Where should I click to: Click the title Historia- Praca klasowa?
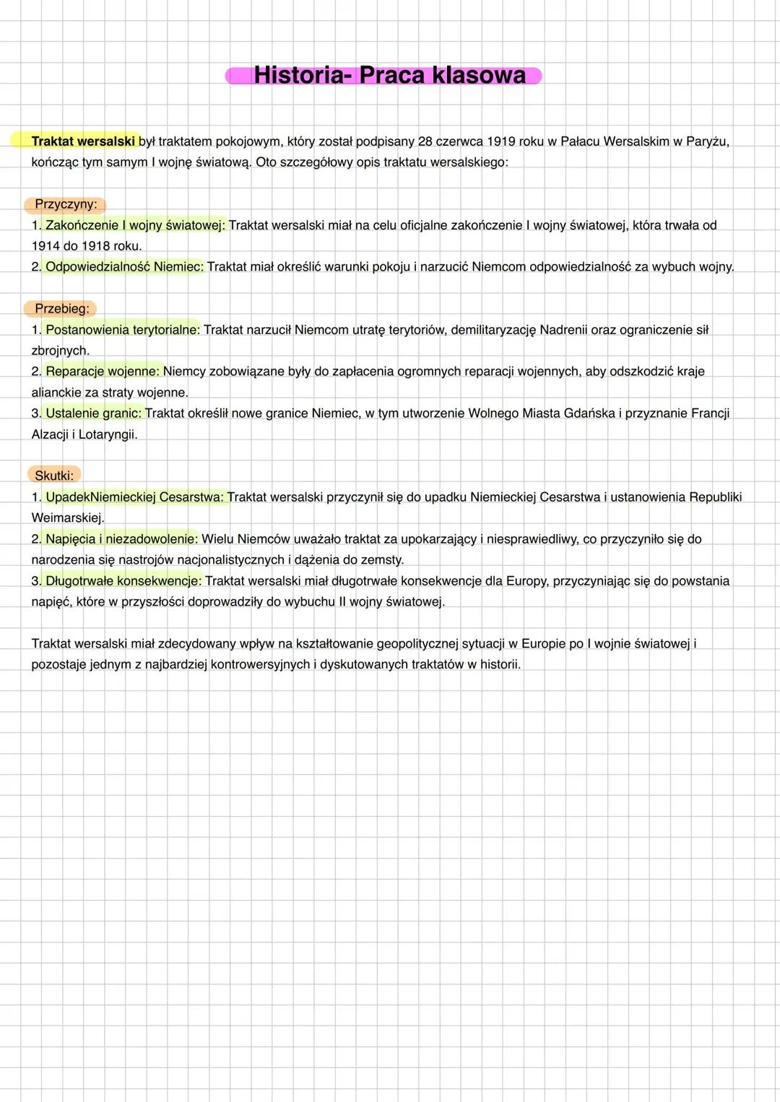(x=390, y=75)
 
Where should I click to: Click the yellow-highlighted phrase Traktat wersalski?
(x=83, y=141)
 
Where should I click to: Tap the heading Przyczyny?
(x=66, y=204)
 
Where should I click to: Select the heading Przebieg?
(x=62, y=309)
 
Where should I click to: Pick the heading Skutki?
(x=54, y=476)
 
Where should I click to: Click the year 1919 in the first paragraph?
(x=500, y=141)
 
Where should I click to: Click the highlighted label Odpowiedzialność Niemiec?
(x=124, y=267)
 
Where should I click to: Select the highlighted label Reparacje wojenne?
(x=103, y=372)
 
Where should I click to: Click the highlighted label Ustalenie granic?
(x=94, y=414)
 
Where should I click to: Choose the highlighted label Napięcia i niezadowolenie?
(x=121, y=539)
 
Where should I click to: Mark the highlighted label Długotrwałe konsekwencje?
(x=123, y=581)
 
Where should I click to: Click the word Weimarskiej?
(x=67, y=518)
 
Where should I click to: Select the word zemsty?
(x=383, y=560)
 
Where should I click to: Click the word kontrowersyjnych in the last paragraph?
(x=261, y=665)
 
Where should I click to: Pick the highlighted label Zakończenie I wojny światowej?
(x=135, y=225)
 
